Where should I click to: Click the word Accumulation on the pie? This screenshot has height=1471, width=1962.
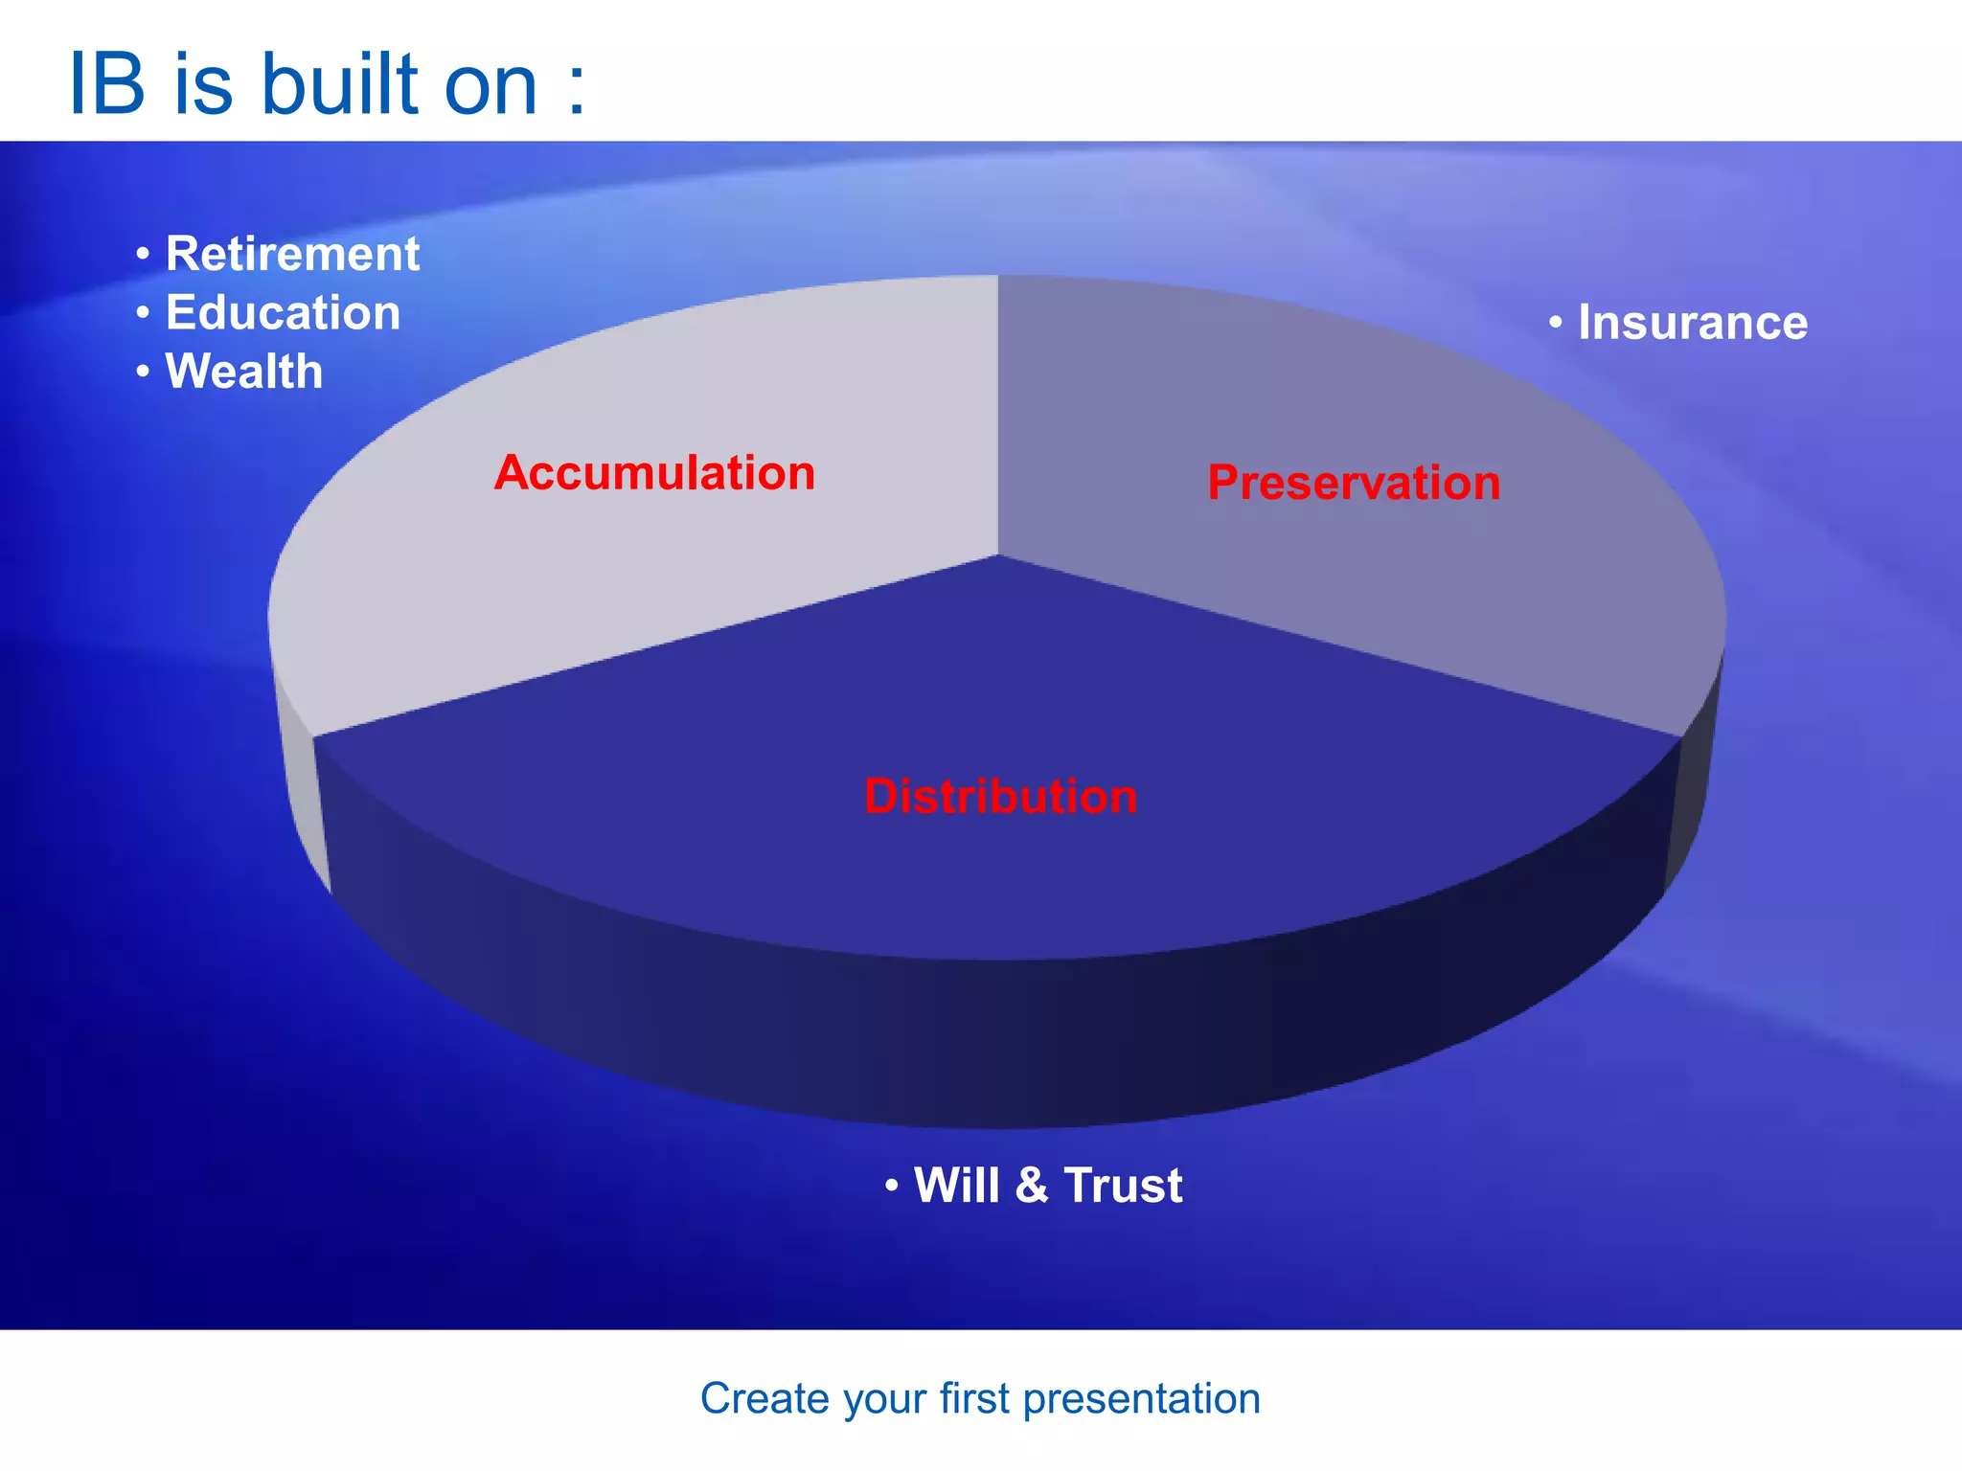[x=654, y=473]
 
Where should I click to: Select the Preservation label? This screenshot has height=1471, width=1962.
[x=1354, y=483]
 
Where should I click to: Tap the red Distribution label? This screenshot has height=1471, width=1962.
[x=1000, y=797]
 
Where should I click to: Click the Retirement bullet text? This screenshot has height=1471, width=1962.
[x=292, y=255]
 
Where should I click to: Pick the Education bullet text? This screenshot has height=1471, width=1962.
[x=283, y=313]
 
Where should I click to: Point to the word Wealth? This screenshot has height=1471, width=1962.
[x=244, y=372]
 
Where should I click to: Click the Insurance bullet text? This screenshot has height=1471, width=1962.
[x=1693, y=323]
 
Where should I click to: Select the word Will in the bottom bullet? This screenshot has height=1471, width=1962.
[x=957, y=1186]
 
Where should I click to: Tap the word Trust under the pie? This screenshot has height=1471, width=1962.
[x=1123, y=1186]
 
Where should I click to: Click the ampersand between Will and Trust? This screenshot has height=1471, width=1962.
[x=1031, y=1186]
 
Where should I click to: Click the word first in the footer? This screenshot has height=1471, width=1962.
[x=974, y=1399]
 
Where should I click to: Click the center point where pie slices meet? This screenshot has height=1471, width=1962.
[x=998, y=554]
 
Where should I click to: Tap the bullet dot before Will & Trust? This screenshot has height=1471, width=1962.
[x=892, y=1187]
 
